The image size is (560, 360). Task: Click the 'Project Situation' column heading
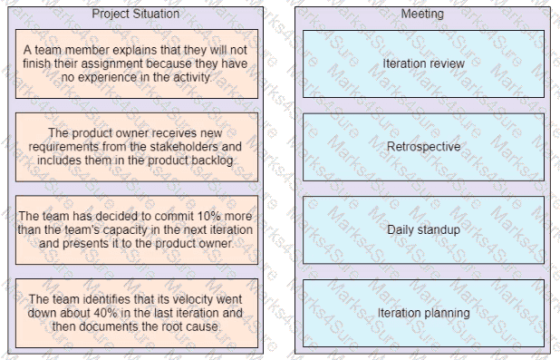coord(135,15)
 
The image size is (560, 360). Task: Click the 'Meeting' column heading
coord(422,15)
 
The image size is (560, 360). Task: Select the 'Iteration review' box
coord(423,63)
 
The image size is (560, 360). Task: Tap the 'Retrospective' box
coord(423,147)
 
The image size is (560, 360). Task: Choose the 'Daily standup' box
coord(423,229)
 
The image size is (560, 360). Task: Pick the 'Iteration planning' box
coord(423,313)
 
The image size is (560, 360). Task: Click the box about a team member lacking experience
coord(136,63)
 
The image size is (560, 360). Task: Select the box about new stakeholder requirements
coord(136,147)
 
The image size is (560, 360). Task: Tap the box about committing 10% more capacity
coord(136,229)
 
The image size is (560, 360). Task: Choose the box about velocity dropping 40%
coord(136,313)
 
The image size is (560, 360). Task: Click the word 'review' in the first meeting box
coord(448,63)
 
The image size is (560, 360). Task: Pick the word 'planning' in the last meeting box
coord(448,313)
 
